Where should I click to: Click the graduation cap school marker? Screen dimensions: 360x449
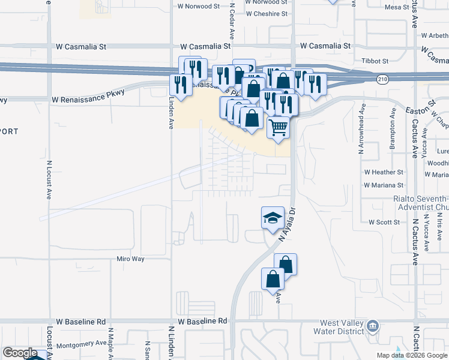[273, 217]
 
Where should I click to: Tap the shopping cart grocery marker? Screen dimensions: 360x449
[279, 128]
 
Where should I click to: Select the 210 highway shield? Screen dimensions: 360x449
[382, 79]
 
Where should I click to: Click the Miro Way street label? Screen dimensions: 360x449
[130, 259]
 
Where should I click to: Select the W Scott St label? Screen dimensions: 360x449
[384, 222]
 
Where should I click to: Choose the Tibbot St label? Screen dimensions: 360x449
[375, 61]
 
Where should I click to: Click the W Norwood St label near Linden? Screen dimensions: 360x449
[199, 6]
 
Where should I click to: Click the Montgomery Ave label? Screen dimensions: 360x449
[80, 343]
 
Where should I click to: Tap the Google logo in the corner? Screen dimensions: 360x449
[20, 353]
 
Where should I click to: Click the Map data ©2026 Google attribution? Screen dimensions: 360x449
[411, 355]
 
